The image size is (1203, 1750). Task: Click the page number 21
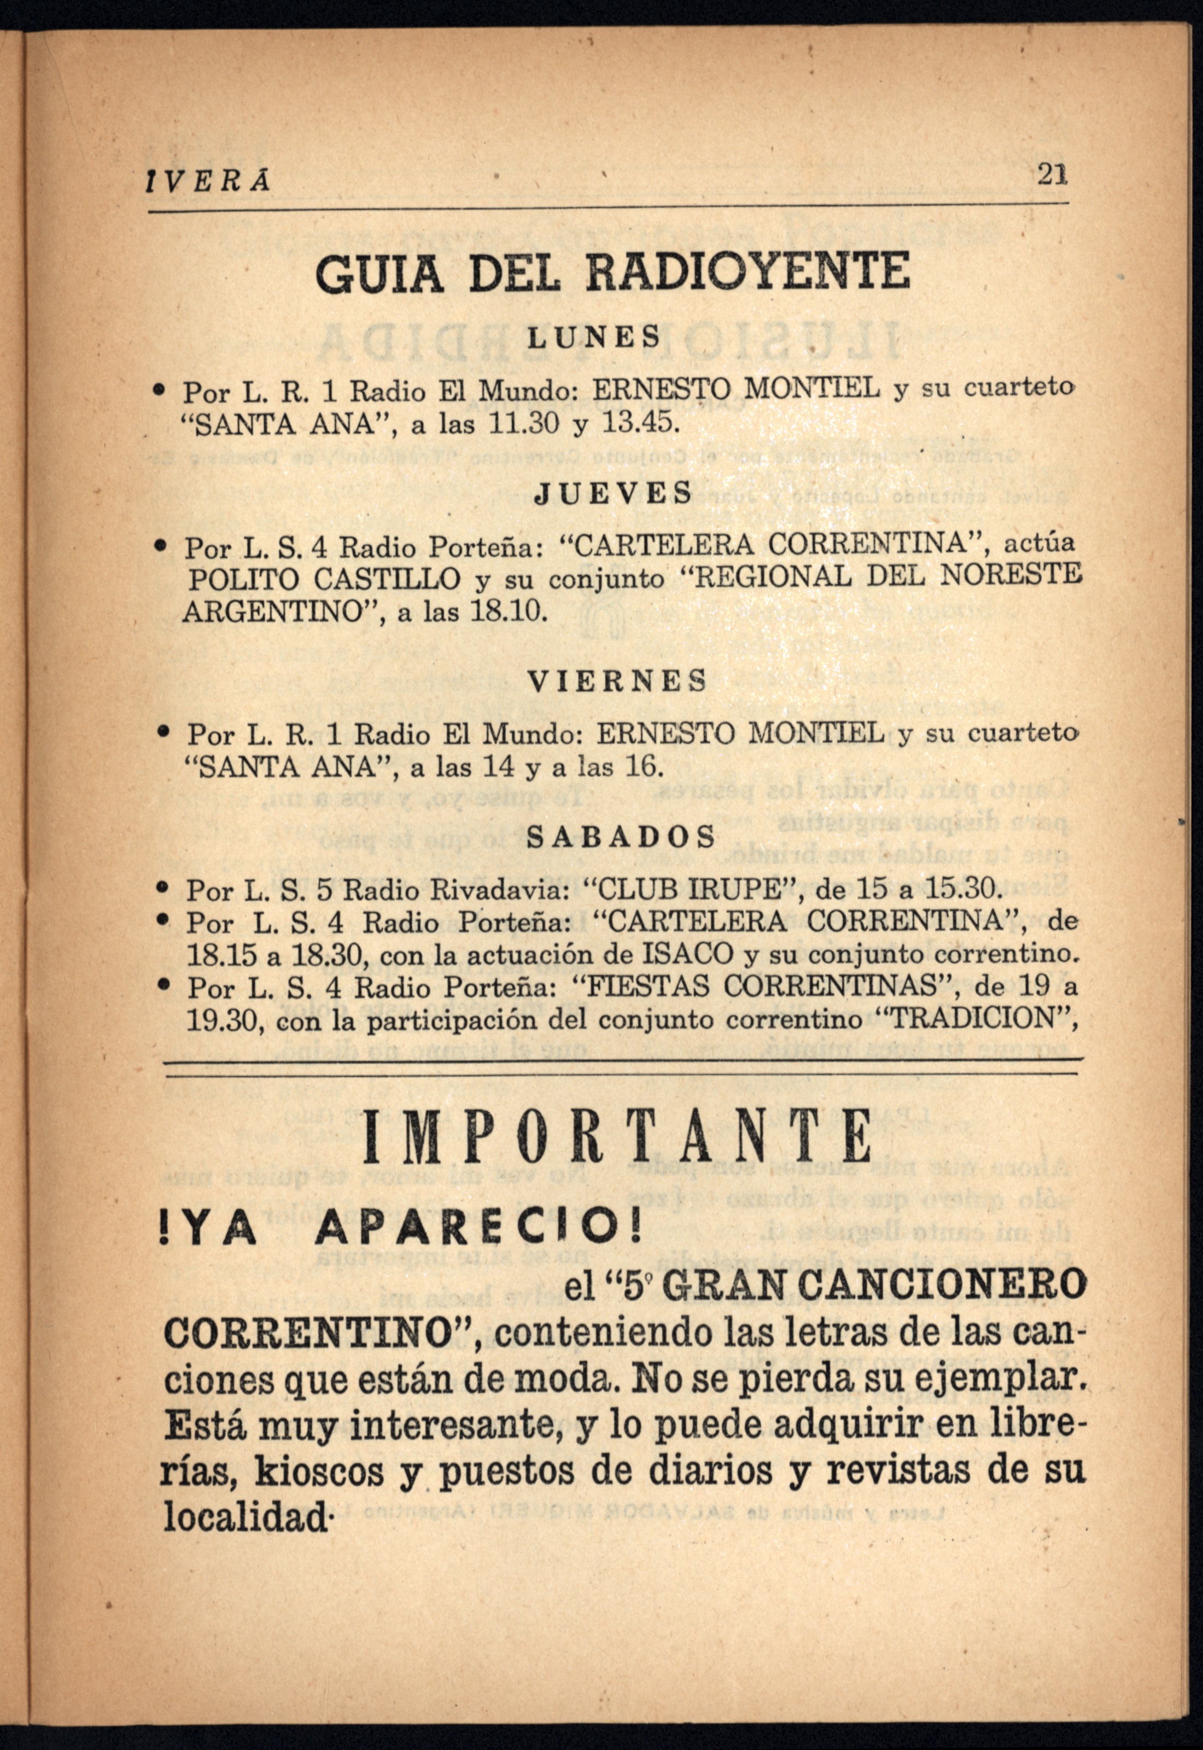[x=1052, y=176]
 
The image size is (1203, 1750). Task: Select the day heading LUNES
[x=593, y=336]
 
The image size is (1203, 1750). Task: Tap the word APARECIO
[x=478, y=1230]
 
